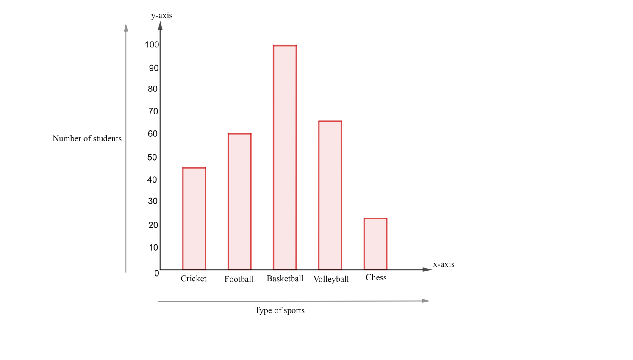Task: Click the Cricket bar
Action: coord(194,219)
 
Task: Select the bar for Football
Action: coord(239,202)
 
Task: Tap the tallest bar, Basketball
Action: coord(285,158)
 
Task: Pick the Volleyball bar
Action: coord(330,195)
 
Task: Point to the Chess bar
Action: coord(375,244)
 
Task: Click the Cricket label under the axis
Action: coord(194,279)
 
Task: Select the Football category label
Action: coord(239,279)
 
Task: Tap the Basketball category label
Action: coord(285,279)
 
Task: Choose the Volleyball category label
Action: coord(331,279)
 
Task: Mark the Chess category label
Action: coord(376,277)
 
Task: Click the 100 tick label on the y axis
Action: coord(152,45)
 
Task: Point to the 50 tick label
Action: coord(152,157)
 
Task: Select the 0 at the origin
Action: coord(157,274)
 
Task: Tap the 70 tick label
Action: coord(153,111)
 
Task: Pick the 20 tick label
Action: coord(153,225)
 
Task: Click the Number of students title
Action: coord(87,138)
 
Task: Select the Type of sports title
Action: coord(280,310)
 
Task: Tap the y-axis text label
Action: coord(162,16)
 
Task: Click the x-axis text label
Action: coord(444,265)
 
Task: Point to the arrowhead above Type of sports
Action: coord(426,301)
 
